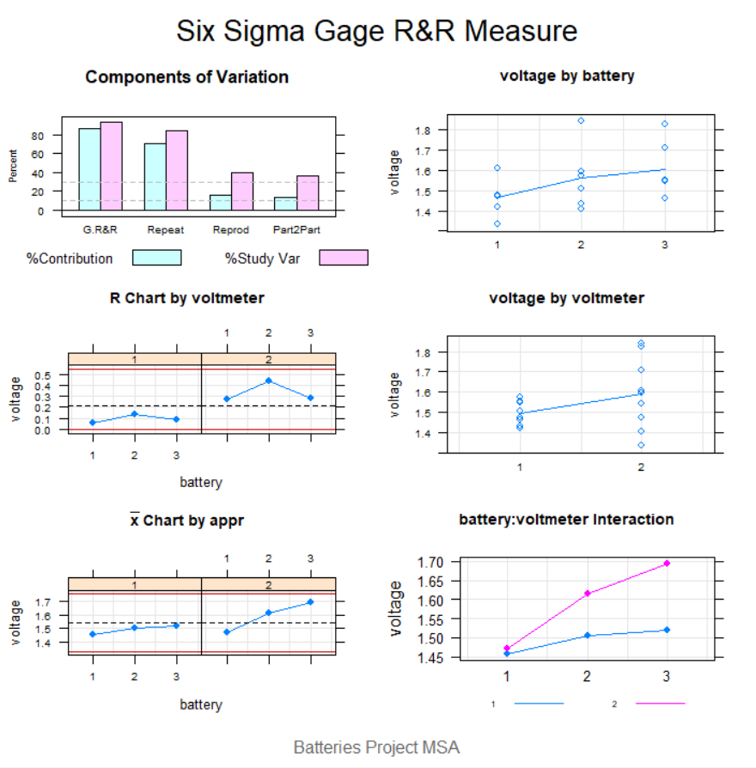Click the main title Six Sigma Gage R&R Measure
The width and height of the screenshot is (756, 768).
[377, 32]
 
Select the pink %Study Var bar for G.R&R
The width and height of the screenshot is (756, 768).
[112, 167]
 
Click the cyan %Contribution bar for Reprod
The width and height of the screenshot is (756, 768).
[220, 203]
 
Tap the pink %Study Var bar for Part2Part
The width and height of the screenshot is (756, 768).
[308, 193]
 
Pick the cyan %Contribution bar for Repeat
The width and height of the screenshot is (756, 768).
[155, 177]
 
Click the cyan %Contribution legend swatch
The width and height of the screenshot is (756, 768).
[156, 258]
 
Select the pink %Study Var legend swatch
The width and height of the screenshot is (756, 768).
[343, 258]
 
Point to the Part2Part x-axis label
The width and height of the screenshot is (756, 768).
[296, 229]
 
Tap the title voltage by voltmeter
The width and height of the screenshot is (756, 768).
[566, 298]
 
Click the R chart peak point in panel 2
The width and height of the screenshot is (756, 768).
[268, 381]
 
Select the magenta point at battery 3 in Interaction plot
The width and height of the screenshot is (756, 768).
[666, 564]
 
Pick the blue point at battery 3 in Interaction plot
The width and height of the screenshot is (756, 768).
[666, 630]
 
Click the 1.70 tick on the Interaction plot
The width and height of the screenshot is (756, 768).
[432, 562]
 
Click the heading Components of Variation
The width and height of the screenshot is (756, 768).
[186, 77]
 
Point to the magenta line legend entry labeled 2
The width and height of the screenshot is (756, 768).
[660, 704]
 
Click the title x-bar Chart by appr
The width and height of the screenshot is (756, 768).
[186, 521]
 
